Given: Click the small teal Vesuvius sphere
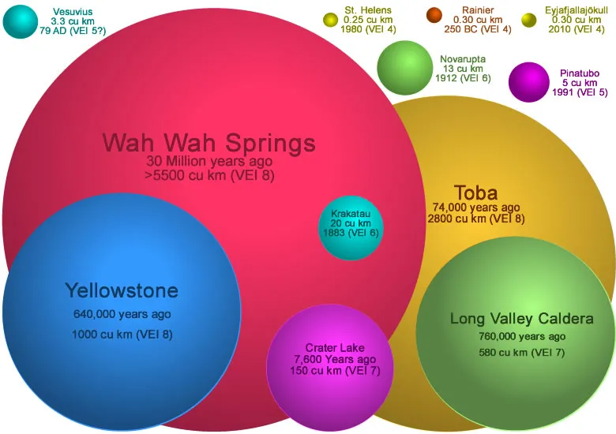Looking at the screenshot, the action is [x=20, y=22].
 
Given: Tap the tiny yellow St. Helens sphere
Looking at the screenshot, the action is [x=330, y=20].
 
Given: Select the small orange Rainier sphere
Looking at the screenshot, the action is [x=434, y=16].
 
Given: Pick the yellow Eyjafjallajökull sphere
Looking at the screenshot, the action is [x=529, y=21].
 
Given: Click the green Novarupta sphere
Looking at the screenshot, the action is [x=404, y=68].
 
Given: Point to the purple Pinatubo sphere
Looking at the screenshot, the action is [x=529, y=82].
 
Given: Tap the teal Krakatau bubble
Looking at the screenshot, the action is [x=351, y=227].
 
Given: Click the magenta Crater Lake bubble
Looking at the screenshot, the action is [x=330, y=368].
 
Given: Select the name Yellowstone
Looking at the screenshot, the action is [x=122, y=290].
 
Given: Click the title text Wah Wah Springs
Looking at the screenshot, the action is [x=208, y=143].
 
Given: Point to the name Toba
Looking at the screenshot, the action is [x=475, y=193].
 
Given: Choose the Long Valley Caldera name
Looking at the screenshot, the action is [x=522, y=318].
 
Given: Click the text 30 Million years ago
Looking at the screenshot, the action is [x=209, y=161].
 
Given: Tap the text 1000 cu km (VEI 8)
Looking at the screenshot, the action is [x=122, y=335].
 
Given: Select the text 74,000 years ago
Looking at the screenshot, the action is [x=476, y=207].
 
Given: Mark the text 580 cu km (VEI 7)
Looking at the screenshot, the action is [x=522, y=353].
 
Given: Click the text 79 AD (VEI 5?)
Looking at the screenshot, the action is [x=73, y=31].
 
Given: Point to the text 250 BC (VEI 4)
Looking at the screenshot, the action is [x=478, y=29].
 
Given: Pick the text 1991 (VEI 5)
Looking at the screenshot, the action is [x=580, y=92].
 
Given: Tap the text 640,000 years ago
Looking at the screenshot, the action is [x=122, y=314].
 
